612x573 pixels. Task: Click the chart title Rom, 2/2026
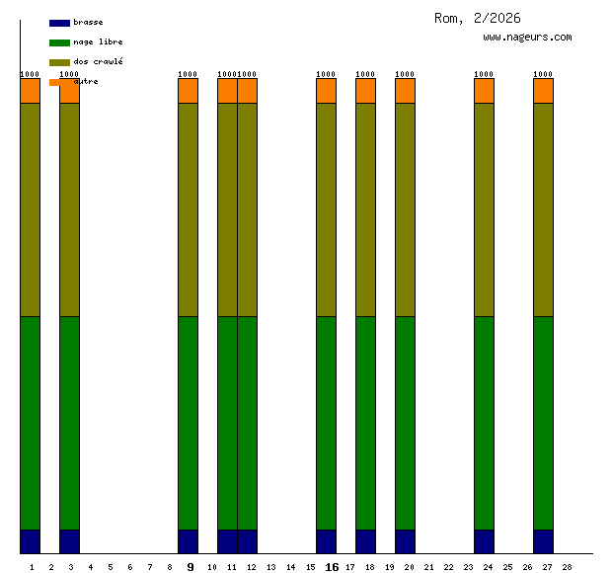(x=477, y=18)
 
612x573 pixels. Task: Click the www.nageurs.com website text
(x=527, y=37)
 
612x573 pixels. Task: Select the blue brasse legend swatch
(x=59, y=23)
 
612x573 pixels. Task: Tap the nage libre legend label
(x=98, y=41)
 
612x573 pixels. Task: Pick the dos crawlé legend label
(x=98, y=61)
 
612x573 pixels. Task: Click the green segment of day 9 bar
(x=189, y=423)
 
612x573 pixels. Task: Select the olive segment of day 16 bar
(x=327, y=209)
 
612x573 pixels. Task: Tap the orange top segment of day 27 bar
(x=544, y=91)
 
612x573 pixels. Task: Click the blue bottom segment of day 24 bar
(x=485, y=541)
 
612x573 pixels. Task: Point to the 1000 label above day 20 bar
(x=405, y=74)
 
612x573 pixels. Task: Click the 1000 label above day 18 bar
(x=365, y=74)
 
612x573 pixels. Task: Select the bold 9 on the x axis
(x=191, y=567)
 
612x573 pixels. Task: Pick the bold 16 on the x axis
(x=332, y=567)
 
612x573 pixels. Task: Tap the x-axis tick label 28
(x=567, y=567)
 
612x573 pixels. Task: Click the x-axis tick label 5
(x=110, y=567)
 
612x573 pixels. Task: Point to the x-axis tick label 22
(x=448, y=567)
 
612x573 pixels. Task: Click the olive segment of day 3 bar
(x=70, y=209)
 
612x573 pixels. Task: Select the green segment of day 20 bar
(x=406, y=423)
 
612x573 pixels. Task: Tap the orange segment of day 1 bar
(x=31, y=91)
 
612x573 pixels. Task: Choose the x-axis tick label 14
(x=290, y=567)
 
